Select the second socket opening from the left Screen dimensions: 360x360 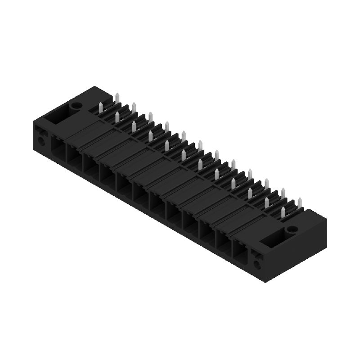click(73, 157)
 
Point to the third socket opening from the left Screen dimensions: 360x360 click(90, 167)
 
